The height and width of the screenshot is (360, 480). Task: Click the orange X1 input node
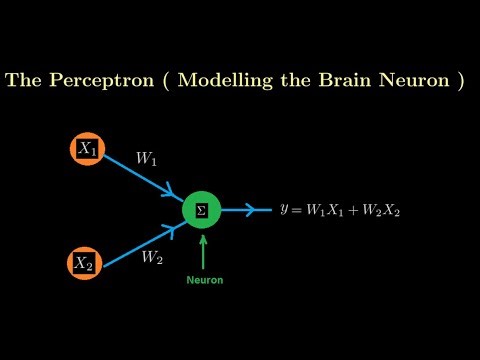click(86, 149)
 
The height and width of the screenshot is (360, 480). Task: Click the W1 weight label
click(146, 158)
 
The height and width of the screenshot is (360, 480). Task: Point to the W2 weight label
click(151, 258)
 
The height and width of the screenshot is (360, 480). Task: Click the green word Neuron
click(204, 280)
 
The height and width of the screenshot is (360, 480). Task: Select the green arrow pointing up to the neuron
click(204, 250)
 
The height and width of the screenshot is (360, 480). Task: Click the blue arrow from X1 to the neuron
click(140, 178)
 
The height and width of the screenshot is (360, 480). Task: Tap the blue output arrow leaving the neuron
click(246, 210)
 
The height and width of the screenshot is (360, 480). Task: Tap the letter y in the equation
click(285, 211)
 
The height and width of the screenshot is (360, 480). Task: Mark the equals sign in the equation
click(299, 210)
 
